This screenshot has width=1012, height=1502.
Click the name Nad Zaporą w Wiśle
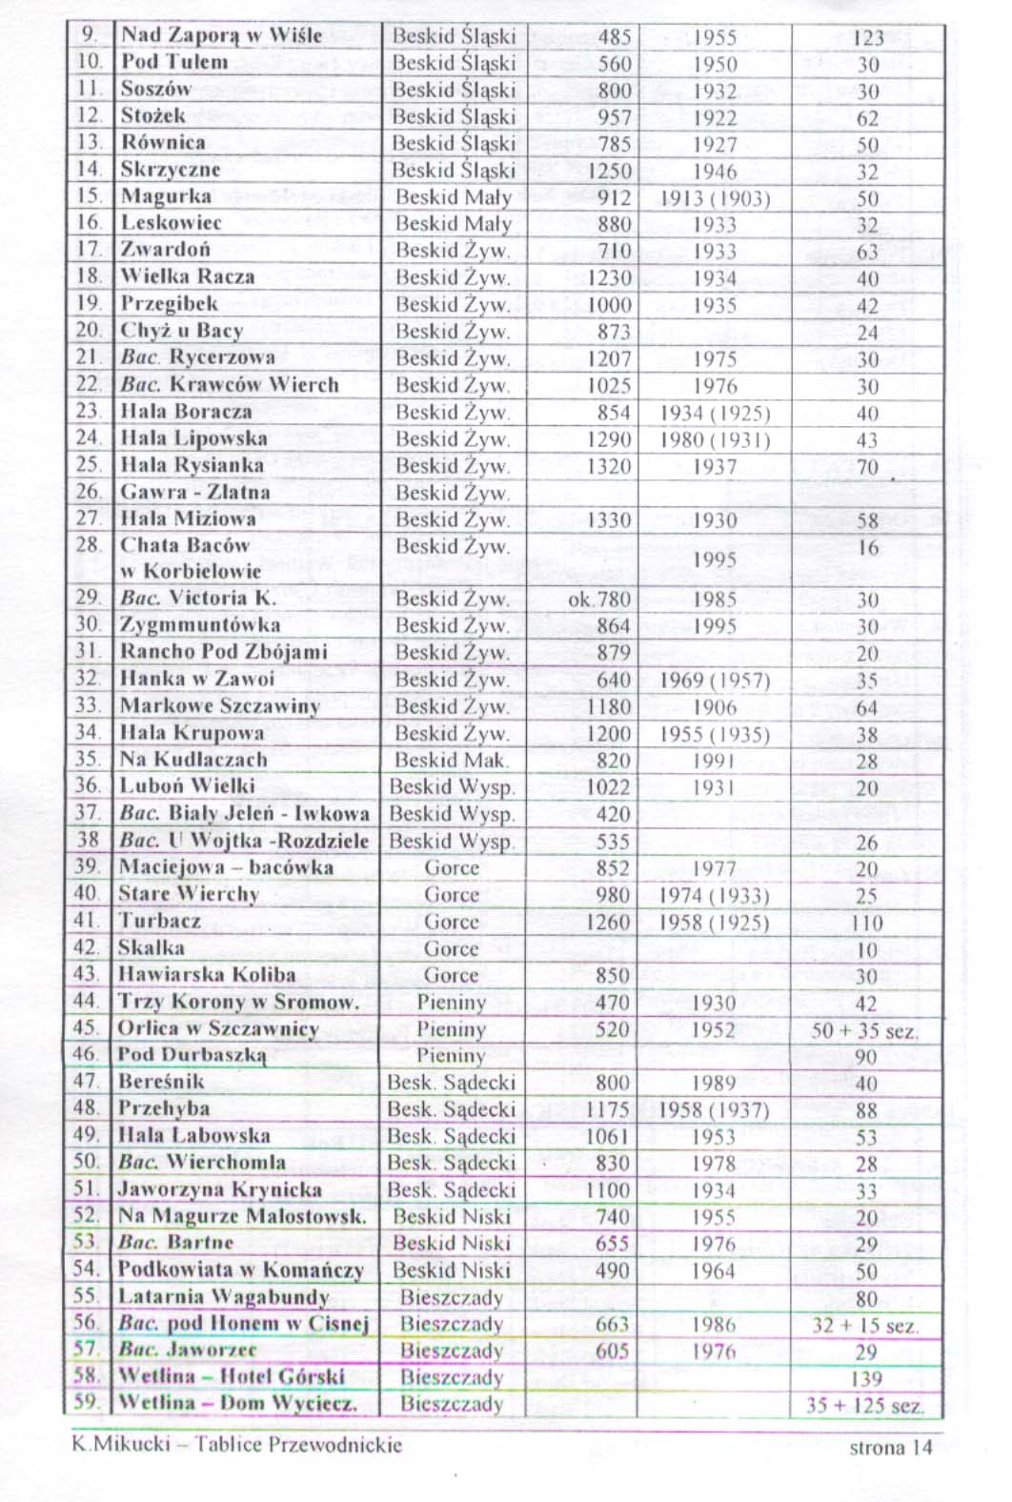221,36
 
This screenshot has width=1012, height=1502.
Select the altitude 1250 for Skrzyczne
609,172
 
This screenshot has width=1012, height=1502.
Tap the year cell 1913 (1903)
715,199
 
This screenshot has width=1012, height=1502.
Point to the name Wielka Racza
188,277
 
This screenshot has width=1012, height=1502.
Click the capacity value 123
867,38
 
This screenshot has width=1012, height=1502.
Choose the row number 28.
88,546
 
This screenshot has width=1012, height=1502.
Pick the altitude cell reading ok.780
599,599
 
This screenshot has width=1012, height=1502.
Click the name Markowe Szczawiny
219,706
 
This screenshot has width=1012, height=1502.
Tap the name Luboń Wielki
187,786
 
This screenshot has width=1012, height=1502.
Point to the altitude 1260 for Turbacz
608,923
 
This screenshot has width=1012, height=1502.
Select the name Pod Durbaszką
191,1055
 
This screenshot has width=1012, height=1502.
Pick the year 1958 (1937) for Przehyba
714,1110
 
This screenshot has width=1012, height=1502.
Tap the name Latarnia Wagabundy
223,1297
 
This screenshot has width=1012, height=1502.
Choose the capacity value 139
866,1379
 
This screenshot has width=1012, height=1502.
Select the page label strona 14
890,1448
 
